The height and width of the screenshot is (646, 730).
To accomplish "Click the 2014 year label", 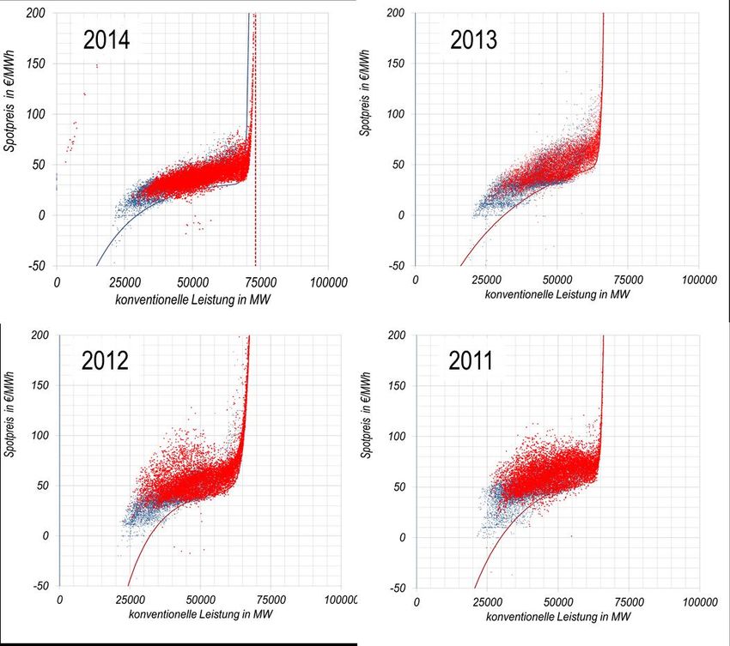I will tap(106, 39).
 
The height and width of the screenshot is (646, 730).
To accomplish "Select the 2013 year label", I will tap(473, 39).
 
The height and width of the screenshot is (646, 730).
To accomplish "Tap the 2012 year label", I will tap(106, 360).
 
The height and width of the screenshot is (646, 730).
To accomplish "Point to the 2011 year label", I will tap(471, 361).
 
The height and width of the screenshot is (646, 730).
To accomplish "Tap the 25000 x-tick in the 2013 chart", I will tap(486, 280).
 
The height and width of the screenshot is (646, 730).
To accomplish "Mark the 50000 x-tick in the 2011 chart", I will tap(558, 603).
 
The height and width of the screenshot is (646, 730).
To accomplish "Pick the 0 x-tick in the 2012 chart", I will tap(59, 602).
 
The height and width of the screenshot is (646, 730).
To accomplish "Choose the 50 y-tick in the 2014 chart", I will tap(40, 165).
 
